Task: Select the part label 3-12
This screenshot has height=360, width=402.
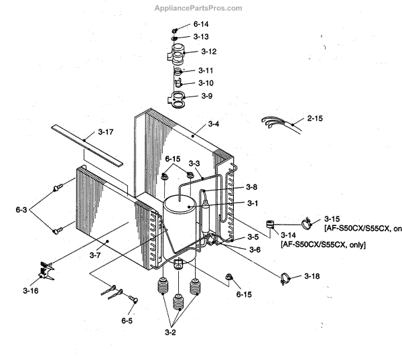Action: (x=209, y=52)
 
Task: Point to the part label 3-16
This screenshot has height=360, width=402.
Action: (x=30, y=291)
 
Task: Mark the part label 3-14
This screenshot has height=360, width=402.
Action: (x=288, y=235)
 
